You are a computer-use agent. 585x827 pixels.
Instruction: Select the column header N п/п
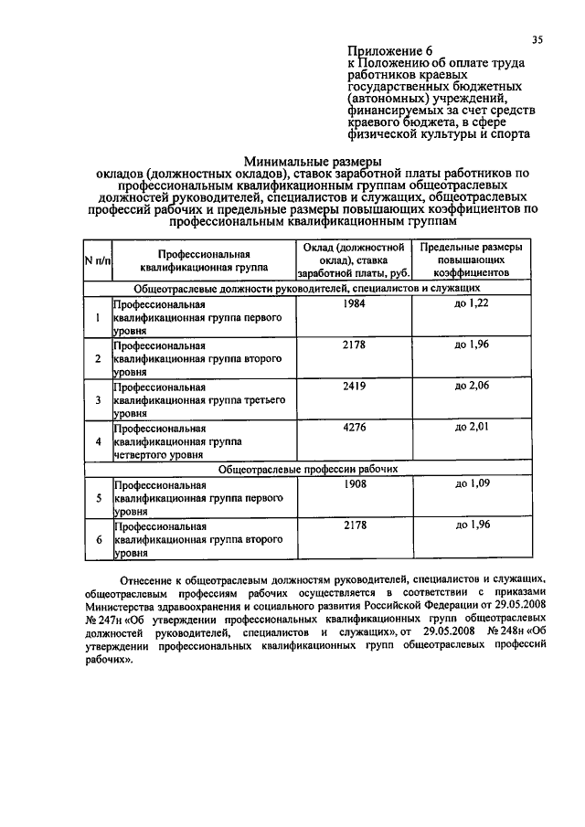point(97,260)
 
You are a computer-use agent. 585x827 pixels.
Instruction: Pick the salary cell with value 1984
point(354,303)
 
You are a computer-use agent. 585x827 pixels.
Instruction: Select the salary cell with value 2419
point(354,387)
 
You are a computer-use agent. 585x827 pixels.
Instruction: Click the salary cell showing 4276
point(354,428)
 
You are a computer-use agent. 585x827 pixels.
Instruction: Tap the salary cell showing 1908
point(354,482)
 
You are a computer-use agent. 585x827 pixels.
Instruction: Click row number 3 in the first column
point(97,399)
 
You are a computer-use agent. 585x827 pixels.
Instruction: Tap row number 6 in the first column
point(97,539)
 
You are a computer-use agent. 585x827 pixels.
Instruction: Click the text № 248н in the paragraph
point(506,632)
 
